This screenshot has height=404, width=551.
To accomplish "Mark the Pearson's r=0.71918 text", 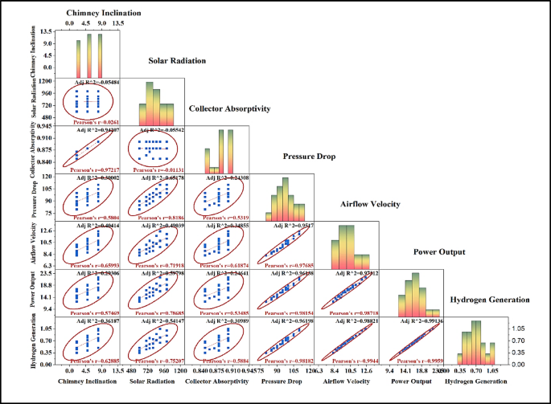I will tap(156, 264).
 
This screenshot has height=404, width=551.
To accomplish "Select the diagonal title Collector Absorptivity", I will tap(241, 108).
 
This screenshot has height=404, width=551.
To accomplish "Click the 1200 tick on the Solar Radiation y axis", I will tap(47, 81).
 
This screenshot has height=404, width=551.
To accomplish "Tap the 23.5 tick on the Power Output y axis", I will tap(47, 273).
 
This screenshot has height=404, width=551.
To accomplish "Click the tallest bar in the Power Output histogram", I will tap(415, 294).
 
